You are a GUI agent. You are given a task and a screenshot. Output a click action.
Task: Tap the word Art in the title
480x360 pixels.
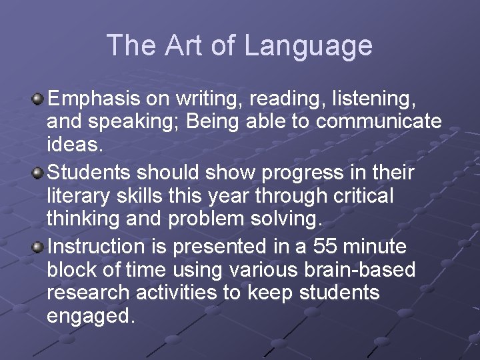point(186,45)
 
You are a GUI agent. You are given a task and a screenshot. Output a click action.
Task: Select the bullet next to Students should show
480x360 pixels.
point(39,173)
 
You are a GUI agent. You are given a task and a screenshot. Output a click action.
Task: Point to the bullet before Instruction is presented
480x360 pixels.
point(39,247)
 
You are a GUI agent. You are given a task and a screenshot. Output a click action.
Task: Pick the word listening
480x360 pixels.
point(377,100)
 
